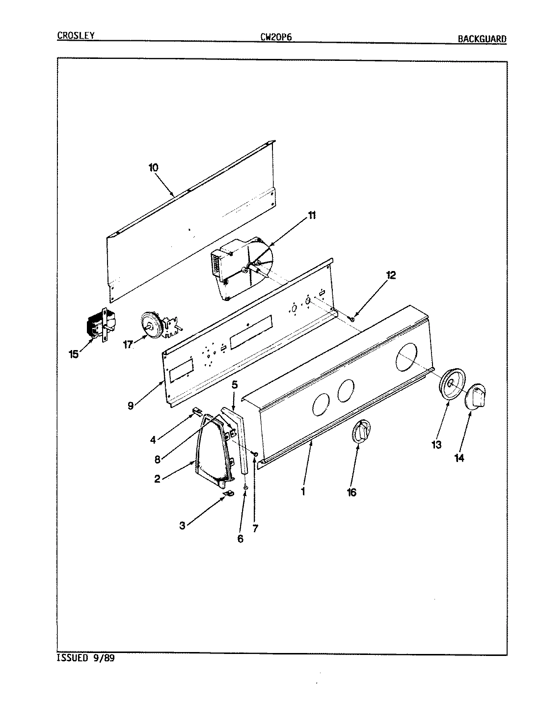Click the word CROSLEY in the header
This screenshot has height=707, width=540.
[76, 35]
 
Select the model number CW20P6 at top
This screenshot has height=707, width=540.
[276, 36]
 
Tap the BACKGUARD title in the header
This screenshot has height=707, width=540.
[482, 39]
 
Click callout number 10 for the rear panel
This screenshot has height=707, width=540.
[154, 167]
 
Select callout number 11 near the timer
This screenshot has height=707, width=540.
[312, 216]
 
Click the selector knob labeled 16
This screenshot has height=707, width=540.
[361, 432]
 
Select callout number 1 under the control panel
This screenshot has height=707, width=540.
[303, 490]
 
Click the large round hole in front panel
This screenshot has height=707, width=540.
[410, 355]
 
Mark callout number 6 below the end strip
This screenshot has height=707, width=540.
[240, 538]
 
